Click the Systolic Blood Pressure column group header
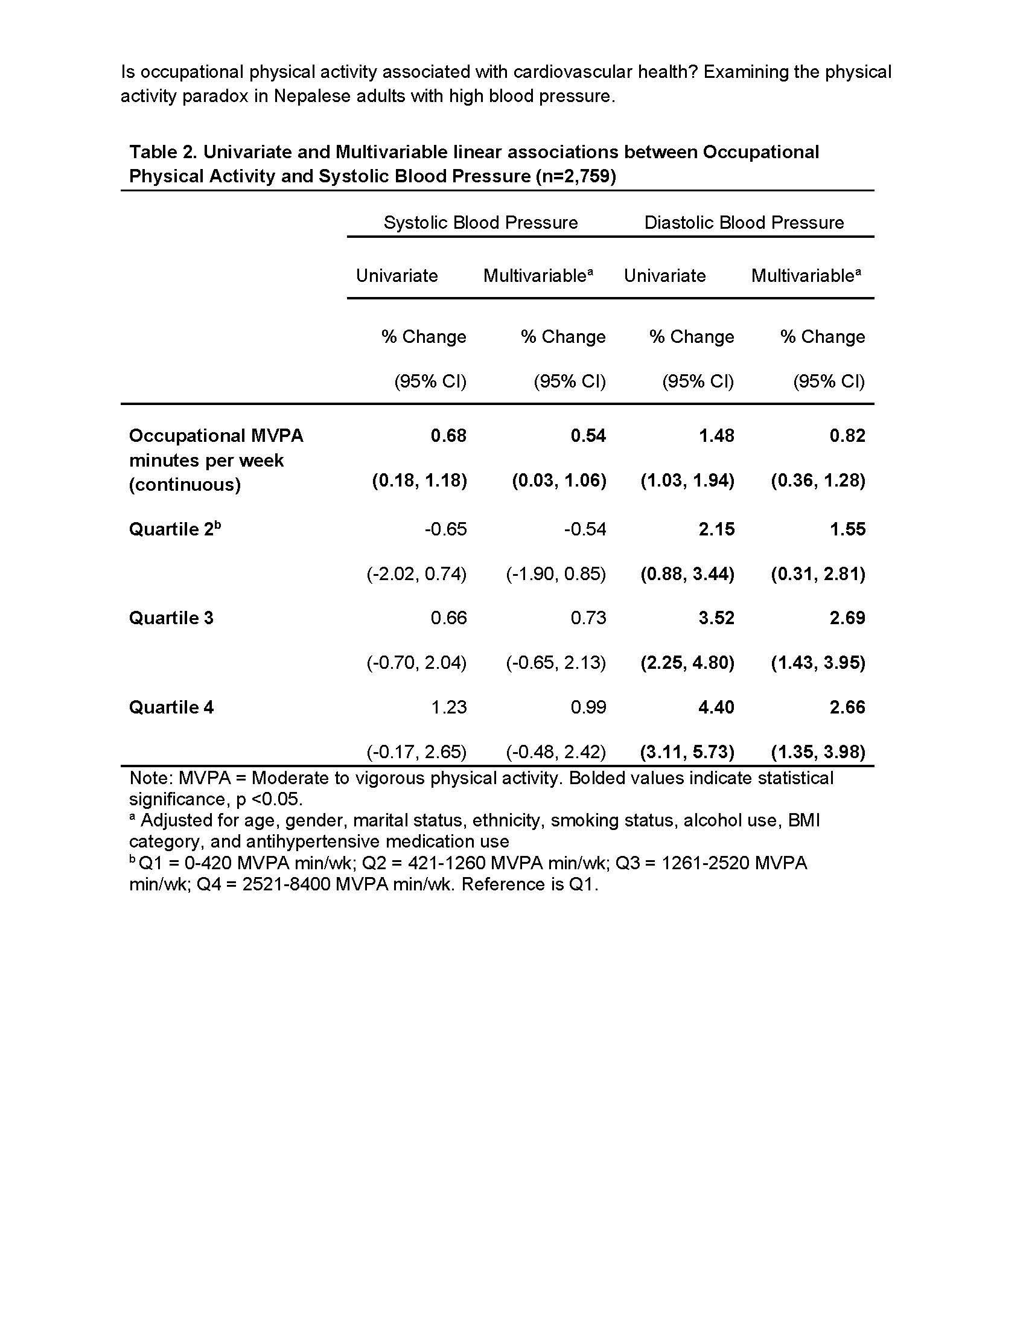(480, 223)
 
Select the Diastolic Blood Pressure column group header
(744, 223)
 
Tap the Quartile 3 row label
(171, 618)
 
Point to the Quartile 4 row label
(171, 707)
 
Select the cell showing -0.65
(445, 529)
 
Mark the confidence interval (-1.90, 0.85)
(555, 574)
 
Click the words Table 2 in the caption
(161, 152)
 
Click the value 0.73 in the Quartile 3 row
(588, 618)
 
